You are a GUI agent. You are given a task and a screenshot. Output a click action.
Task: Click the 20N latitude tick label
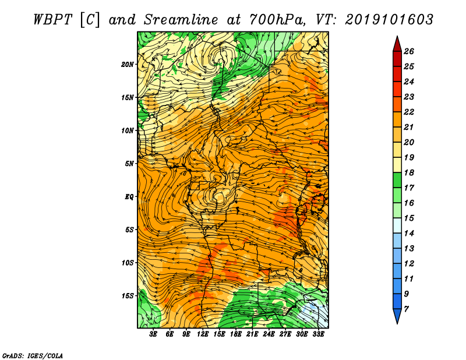coord(128,65)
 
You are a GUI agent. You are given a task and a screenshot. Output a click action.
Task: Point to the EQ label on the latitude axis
coord(129,197)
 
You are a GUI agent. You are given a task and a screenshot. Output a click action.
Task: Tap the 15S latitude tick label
coord(128,296)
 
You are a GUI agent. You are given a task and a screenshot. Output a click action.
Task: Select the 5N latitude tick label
coord(129,164)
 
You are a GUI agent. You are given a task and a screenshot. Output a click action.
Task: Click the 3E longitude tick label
coord(153,334)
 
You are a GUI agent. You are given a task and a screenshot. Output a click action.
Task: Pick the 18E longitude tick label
coord(236,334)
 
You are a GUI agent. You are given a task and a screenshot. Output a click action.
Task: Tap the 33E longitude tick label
coord(318,334)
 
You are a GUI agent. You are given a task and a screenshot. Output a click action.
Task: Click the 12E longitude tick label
coord(203,334)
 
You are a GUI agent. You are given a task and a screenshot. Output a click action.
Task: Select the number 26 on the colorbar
coord(409,51)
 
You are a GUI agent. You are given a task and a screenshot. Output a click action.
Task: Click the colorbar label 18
coord(409,172)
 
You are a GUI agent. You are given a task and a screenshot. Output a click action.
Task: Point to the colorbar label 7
coord(406,309)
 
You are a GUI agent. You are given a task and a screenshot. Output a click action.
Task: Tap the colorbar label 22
coord(409,112)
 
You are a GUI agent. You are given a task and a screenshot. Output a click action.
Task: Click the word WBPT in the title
coord(52,20)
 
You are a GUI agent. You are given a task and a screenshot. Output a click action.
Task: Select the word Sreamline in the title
coord(181,20)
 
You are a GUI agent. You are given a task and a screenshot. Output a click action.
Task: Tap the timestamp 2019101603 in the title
coord(389,20)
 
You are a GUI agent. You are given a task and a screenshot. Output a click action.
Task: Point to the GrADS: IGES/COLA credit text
coord(33,356)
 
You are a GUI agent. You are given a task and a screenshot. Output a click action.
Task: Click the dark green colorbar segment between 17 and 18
coord(397,180)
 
